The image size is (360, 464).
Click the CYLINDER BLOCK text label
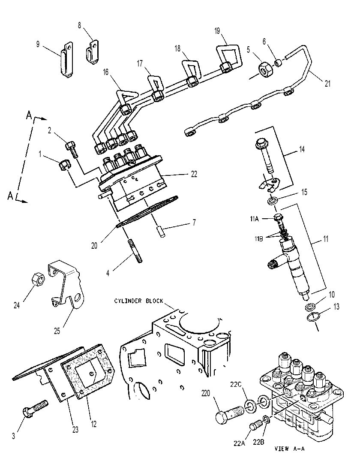[x=139, y=301]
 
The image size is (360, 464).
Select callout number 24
[x=17, y=305]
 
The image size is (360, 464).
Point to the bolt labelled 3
[x=35, y=409]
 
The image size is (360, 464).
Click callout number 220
[x=206, y=393]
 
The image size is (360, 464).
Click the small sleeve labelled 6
[x=278, y=63]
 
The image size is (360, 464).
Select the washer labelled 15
[x=273, y=201]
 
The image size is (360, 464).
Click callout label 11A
[x=254, y=219]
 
